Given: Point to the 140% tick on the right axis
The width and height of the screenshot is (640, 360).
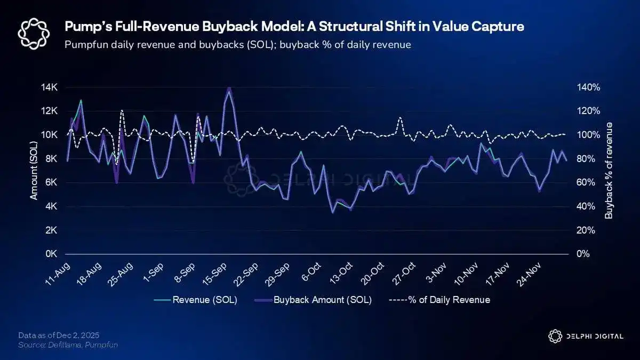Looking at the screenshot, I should [x=589, y=87].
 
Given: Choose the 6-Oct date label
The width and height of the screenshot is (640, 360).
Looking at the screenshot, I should [x=310, y=273].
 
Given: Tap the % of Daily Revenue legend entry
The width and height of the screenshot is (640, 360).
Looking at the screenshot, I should [x=449, y=300].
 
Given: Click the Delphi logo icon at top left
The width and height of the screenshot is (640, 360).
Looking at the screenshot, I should [x=34, y=33].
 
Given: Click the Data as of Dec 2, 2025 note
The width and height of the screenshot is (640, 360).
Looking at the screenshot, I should [x=59, y=335].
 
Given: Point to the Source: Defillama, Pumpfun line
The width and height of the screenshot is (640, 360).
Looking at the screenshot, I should [x=68, y=345].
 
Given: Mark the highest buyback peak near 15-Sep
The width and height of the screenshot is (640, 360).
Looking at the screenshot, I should [x=229, y=88].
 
